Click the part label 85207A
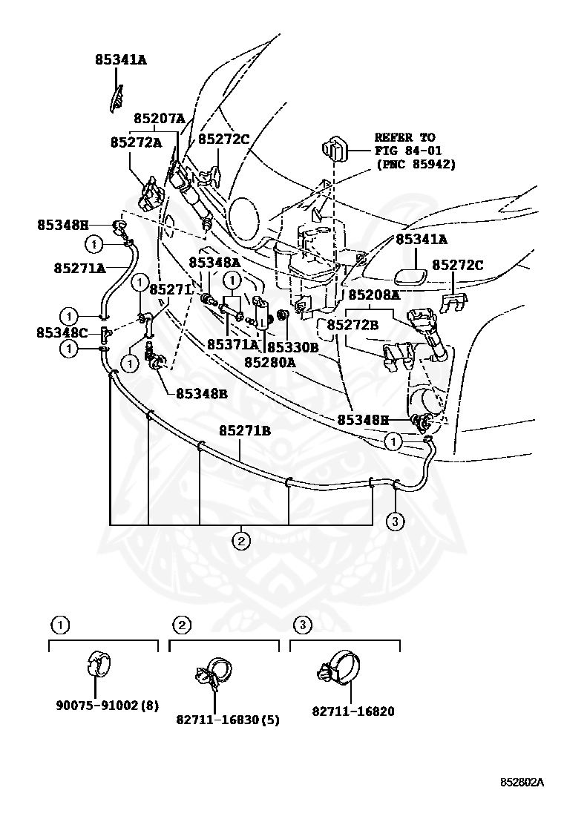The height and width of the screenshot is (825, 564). point(159,118)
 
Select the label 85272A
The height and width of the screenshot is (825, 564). point(136,142)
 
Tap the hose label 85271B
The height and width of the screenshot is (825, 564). point(244,430)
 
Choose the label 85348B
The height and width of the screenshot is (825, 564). point(201,393)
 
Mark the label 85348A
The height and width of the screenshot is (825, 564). point(214,262)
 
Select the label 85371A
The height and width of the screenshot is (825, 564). point(232,344)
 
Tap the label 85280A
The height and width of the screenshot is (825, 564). point(269,362)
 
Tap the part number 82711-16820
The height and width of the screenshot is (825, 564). point(352,711)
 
